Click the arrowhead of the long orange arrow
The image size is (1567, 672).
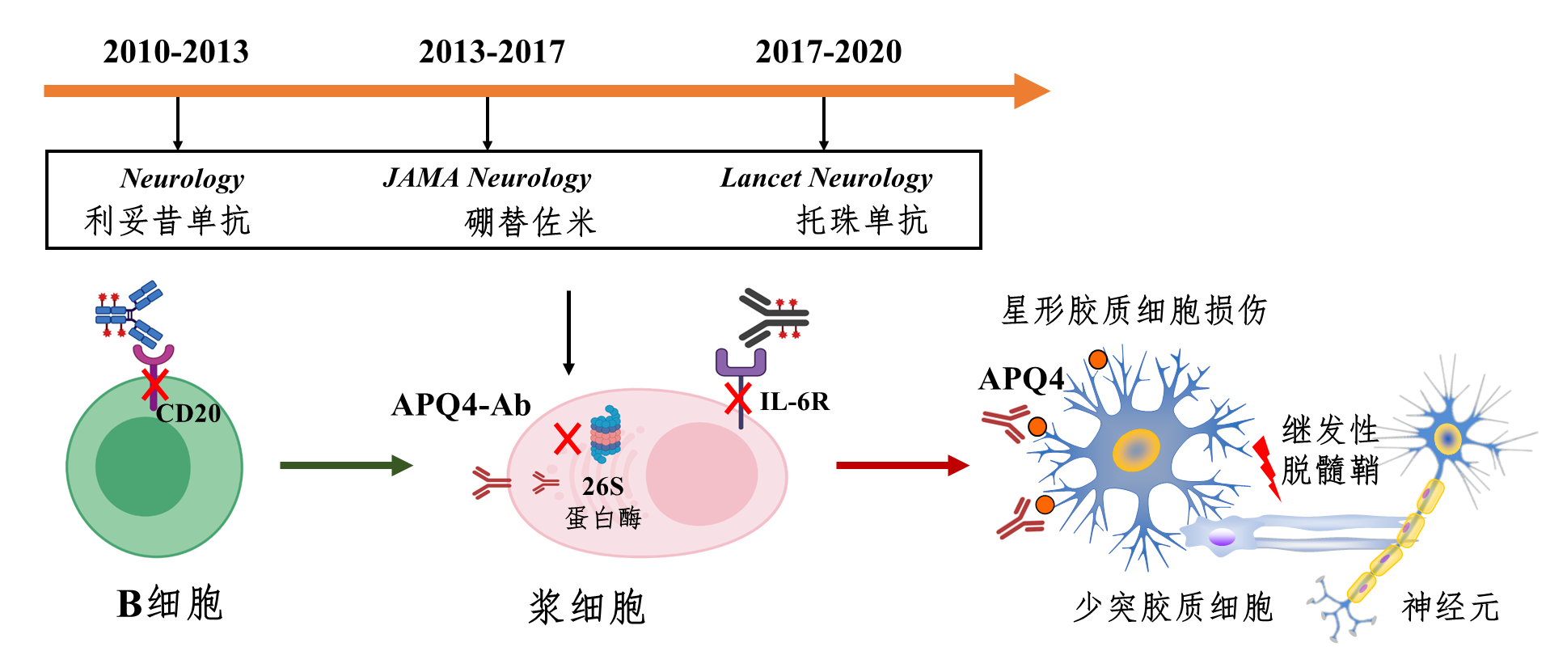point(1031,91)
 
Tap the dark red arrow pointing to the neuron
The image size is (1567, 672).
point(902,465)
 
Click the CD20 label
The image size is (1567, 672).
point(188,413)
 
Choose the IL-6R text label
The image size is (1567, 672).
point(794,401)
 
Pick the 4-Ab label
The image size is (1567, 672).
point(496,404)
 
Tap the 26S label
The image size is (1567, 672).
point(603,486)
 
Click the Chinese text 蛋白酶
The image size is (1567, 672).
point(603,518)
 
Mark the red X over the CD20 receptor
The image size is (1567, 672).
point(154,385)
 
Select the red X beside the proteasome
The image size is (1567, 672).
point(567,439)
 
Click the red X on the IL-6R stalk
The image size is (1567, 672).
point(737,398)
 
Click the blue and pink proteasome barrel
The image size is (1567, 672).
point(606,433)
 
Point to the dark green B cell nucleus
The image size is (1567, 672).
point(142,467)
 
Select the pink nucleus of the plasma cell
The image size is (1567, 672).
point(701,474)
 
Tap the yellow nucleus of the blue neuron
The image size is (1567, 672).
point(1135,450)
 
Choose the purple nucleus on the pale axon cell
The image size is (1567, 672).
point(1222,536)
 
